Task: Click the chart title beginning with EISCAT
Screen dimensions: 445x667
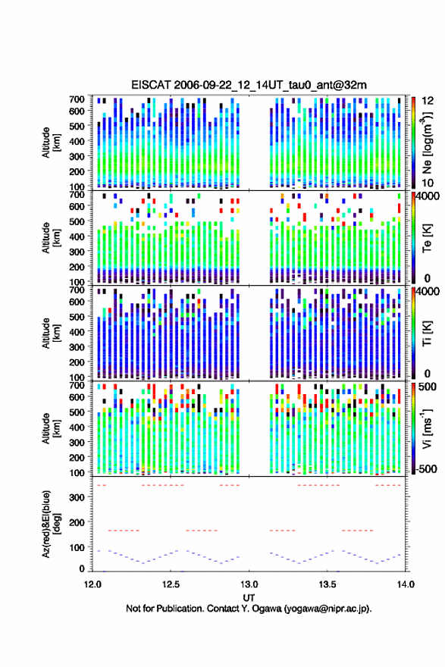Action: pos(249,85)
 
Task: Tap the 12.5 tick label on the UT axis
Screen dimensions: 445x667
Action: pos(171,584)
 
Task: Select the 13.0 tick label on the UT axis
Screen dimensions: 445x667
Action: pos(249,584)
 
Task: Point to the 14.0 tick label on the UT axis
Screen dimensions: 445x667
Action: pos(406,584)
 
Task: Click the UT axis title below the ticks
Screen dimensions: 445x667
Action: pos(249,598)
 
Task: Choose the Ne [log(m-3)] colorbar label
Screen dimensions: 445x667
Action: pos(427,142)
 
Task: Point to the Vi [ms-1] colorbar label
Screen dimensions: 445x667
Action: pos(427,428)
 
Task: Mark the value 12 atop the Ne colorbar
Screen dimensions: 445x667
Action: pos(428,101)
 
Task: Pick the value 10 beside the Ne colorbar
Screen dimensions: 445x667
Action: pos(428,183)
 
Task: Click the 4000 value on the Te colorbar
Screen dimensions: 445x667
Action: pos(428,196)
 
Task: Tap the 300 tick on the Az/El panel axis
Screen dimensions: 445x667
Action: pos(77,497)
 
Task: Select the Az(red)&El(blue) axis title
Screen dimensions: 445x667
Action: pos(51,524)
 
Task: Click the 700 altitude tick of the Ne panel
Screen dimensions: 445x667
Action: pos(77,99)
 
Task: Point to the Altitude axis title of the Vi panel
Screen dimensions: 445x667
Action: pos(51,428)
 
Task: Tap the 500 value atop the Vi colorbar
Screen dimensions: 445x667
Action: pos(428,387)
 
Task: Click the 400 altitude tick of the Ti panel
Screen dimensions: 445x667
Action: pos(77,332)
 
